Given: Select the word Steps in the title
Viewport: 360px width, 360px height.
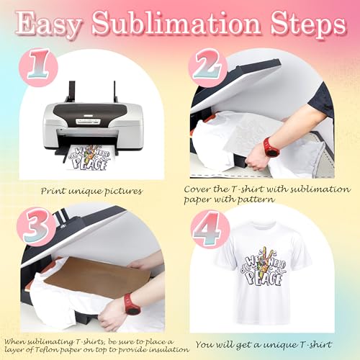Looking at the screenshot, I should (x=298, y=26).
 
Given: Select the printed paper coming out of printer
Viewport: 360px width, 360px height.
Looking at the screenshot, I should (x=92, y=156).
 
